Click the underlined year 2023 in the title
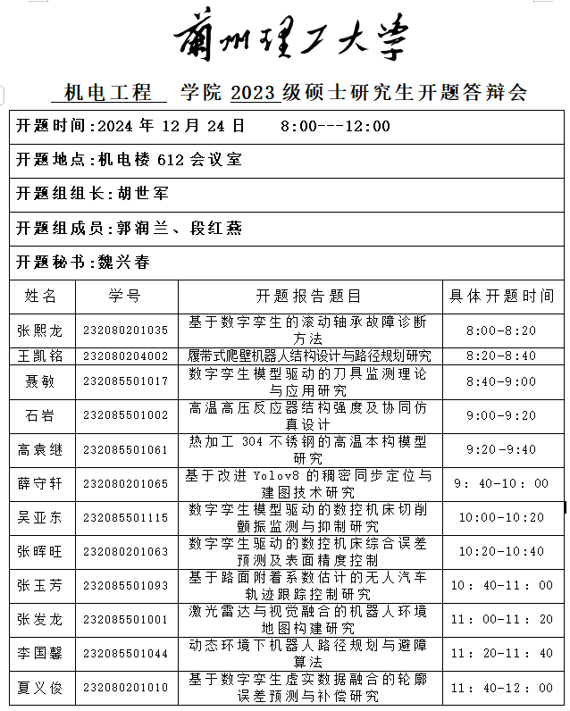pyautogui.click(x=255, y=93)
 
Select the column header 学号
pyautogui.click(x=124, y=296)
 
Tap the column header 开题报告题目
pyautogui.click(x=308, y=296)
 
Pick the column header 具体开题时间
pyautogui.click(x=501, y=296)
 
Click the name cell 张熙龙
pyautogui.click(x=40, y=330)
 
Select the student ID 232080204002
pyautogui.click(x=125, y=355)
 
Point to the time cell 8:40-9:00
pyautogui.click(x=501, y=381)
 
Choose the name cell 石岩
pyautogui.click(x=40, y=414)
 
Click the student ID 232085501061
pyautogui.click(x=125, y=449)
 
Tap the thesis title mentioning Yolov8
pyautogui.click(x=308, y=483)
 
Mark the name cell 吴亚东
pyautogui.click(x=40, y=517)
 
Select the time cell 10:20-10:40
pyautogui.click(x=501, y=551)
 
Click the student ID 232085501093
pyautogui.click(x=125, y=586)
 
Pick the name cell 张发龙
pyautogui.click(x=40, y=619)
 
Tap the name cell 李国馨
pyautogui.click(x=40, y=654)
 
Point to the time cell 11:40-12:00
pyautogui.click(x=501, y=688)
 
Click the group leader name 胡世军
pyautogui.click(x=143, y=193)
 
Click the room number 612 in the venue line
pyautogui.click(x=170, y=160)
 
